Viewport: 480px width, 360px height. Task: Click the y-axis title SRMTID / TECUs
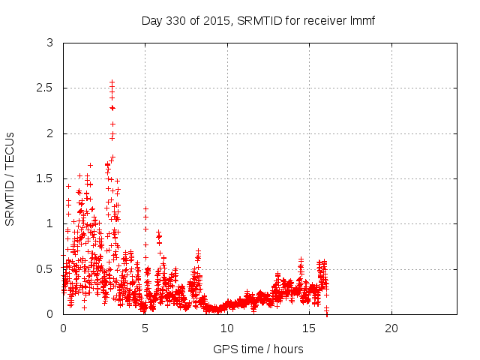10,178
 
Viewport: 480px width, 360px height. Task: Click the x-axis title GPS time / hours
259,349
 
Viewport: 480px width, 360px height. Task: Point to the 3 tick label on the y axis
49,43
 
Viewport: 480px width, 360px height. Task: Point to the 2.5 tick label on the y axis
45,88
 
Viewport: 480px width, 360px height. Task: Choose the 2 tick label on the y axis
49,133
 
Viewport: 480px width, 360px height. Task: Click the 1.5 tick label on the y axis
45,178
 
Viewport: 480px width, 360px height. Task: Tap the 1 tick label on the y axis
49,223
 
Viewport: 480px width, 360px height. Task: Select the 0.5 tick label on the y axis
45,268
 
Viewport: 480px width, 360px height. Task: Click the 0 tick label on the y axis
49,313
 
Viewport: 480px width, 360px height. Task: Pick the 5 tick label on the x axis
145,328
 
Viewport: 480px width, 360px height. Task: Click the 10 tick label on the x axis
227,328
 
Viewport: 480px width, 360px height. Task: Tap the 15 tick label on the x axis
309,328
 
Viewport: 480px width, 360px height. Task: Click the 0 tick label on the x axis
63,328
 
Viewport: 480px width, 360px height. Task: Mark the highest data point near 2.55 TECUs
112,82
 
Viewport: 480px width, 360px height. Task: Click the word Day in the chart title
151,20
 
